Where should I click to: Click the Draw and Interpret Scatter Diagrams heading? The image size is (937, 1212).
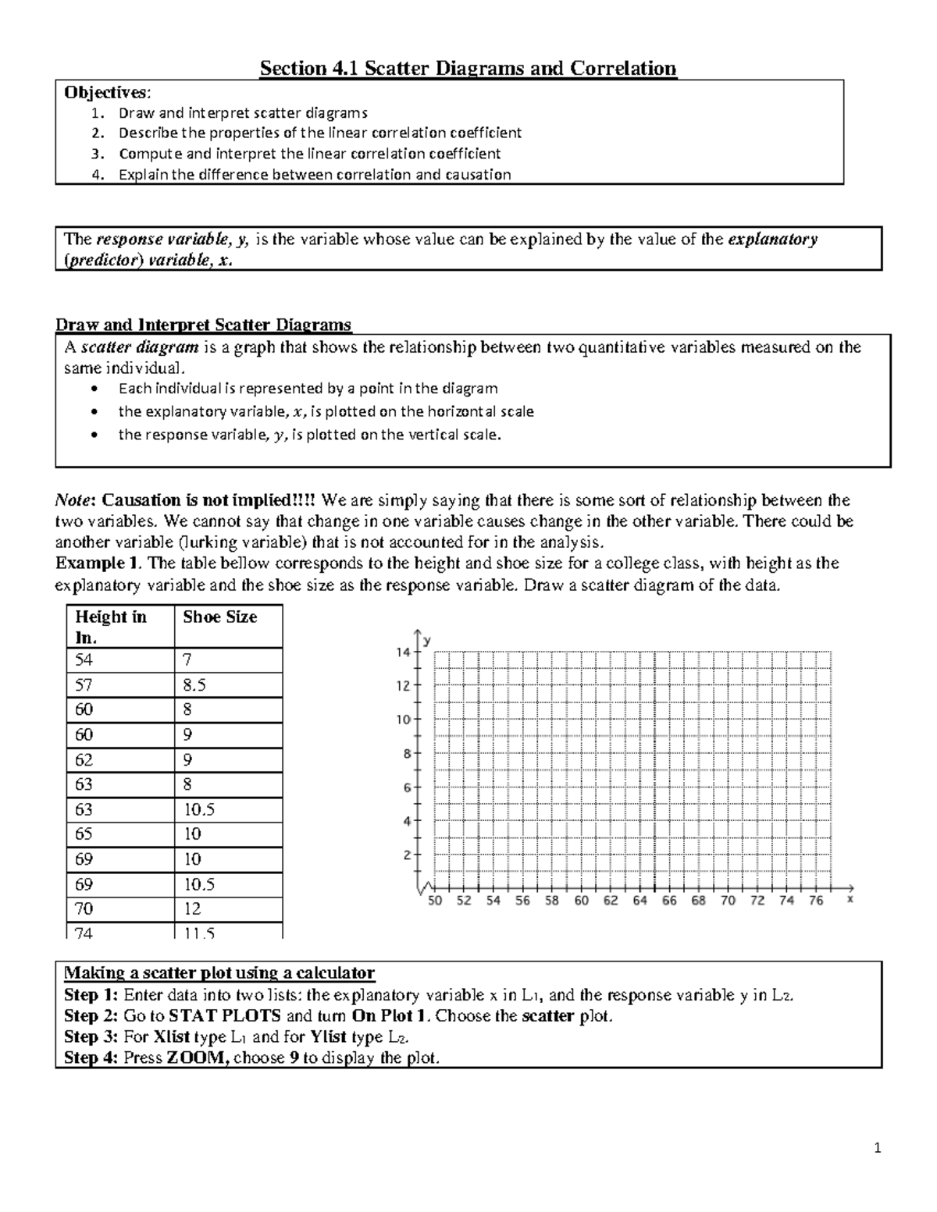[203, 325]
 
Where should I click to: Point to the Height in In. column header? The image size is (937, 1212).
[111, 626]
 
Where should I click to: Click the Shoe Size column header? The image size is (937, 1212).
[219, 617]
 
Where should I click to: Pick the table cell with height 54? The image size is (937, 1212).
[84, 660]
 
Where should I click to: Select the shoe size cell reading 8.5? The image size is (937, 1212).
[194, 685]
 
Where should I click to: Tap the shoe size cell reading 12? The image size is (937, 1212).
[192, 909]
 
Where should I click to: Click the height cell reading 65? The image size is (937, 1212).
[84, 834]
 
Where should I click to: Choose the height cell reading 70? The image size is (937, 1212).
[84, 909]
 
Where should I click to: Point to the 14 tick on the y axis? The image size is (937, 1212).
[403, 652]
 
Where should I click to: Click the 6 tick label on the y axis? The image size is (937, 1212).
[407, 788]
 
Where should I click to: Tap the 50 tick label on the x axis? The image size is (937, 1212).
[435, 901]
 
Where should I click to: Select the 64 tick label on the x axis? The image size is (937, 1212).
[640, 901]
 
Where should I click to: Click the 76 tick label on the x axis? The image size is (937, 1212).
[816, 901]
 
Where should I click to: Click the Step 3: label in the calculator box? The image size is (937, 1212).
[91, 1037]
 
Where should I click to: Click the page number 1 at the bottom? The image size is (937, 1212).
[878, 1148]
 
